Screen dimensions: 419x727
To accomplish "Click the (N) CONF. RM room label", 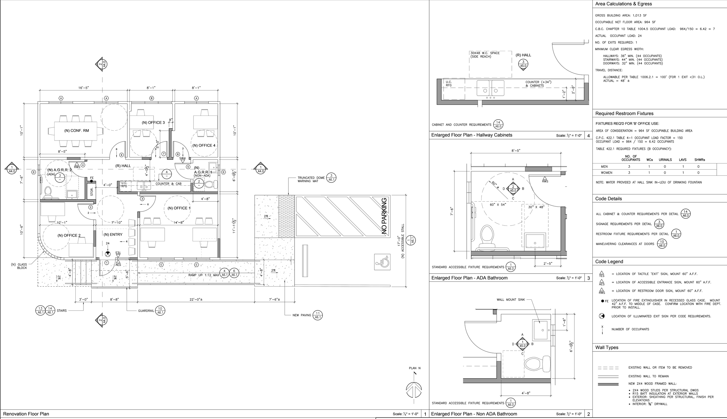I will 76,131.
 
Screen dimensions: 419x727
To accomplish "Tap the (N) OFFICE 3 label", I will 153,122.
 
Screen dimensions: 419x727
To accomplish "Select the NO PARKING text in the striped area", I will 384,216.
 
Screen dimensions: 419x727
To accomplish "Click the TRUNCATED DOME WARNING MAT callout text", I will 311,180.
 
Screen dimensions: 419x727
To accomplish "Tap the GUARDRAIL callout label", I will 146,311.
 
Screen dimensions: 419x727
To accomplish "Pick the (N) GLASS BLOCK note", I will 19,266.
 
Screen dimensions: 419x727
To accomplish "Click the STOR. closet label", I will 92,191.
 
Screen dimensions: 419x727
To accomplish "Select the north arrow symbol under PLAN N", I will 414,390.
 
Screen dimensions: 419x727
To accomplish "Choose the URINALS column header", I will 665,160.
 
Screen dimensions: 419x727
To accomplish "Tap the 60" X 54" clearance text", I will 498,205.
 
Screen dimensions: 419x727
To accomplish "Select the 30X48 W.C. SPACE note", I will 485,55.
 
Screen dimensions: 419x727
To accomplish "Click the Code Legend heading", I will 609,262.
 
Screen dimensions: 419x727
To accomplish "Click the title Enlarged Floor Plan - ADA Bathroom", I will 469,278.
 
